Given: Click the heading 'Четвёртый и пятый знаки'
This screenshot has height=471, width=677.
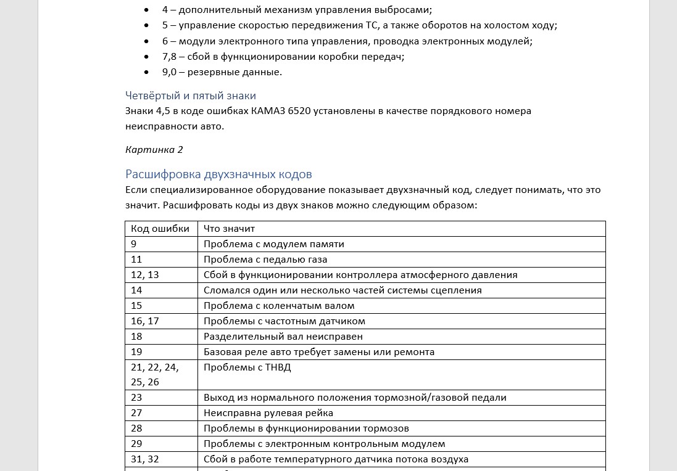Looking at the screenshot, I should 190,96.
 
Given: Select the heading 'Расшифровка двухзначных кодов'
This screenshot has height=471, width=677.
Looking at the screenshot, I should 218,174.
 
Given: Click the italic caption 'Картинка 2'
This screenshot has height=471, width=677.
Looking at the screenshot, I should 154,149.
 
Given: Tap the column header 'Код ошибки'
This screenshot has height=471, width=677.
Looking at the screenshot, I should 160,229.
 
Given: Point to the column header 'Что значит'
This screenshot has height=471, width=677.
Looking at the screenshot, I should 229,229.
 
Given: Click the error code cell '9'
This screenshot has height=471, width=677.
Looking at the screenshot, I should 134,244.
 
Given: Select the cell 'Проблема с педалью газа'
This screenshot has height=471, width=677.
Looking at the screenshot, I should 265,260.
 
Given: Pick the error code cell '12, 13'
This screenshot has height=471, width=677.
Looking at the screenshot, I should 145,275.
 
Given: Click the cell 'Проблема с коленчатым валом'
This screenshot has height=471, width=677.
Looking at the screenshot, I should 279,306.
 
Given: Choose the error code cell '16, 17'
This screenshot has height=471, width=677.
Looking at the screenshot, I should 145,321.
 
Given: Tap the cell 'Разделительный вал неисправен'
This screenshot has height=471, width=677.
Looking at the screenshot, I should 283,337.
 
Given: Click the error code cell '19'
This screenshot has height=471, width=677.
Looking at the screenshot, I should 136,352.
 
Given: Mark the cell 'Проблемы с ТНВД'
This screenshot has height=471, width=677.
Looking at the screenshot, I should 247,367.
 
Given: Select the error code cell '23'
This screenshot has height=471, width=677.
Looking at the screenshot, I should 136,398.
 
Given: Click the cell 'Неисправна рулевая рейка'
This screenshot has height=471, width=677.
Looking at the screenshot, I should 268,413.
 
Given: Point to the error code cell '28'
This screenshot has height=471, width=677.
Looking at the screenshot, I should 136,428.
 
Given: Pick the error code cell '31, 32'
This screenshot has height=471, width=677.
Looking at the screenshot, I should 145,459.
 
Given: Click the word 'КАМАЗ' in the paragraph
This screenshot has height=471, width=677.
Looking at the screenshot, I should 268,111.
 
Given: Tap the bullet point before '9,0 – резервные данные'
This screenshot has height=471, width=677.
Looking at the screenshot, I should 146,72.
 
